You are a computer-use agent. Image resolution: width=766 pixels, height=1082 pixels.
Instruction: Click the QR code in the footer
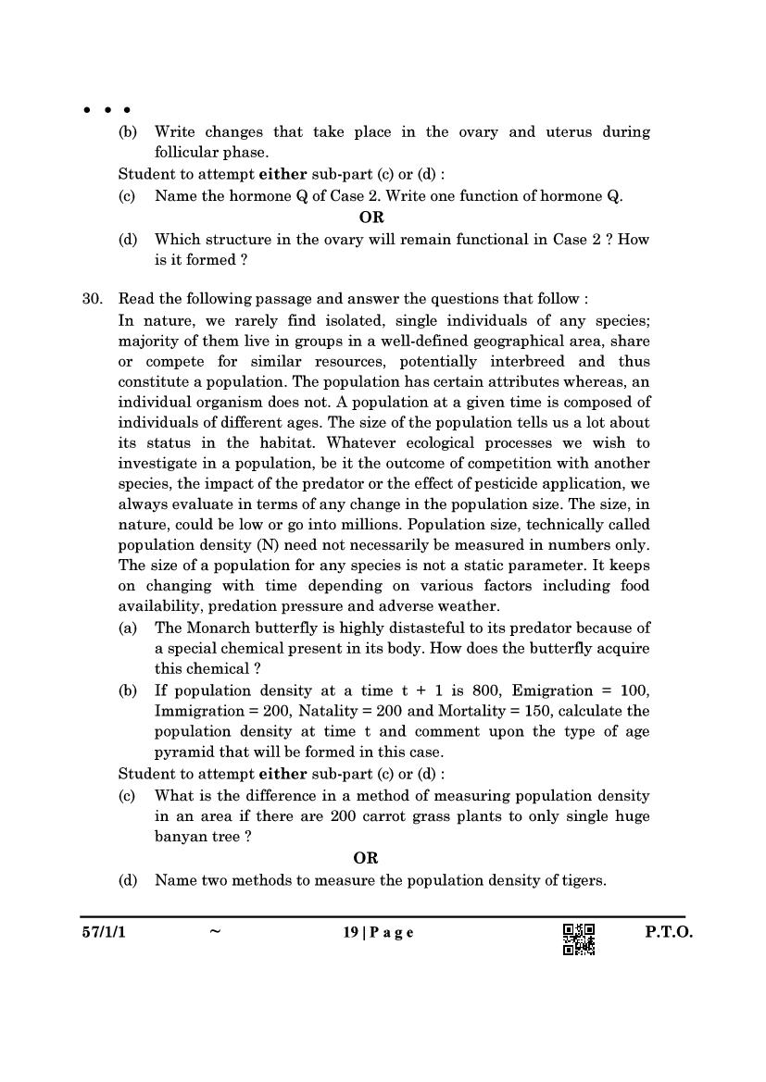pyautogui.click(x=579, y=939)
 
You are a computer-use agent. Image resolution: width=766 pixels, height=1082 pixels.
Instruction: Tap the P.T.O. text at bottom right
pyautogui.click(x=668, y=933)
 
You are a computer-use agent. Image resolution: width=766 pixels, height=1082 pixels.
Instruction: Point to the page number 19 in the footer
pyautogui.click(x=350, y=933)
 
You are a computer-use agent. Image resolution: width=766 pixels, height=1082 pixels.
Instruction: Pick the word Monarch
pyautogui.click(x=220, y=628)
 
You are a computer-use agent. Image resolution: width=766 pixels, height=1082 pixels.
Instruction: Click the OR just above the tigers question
pyautogui.click(x=366, y=858)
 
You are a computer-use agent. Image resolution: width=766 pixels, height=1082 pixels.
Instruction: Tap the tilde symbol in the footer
pyautogui.click(x=215, y=933)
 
